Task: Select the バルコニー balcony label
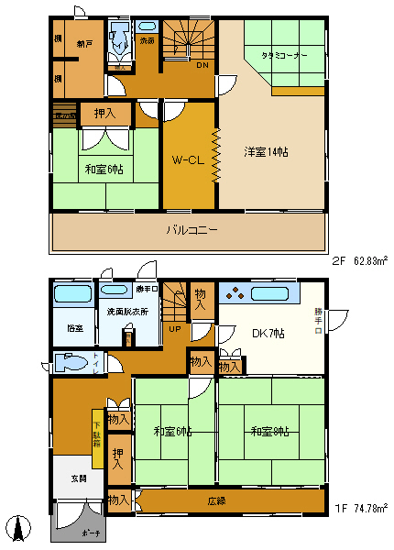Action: [191, 230]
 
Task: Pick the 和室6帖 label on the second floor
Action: [106, 170]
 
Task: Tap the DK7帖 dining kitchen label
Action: [268, 333]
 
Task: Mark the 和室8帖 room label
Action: [272, 431]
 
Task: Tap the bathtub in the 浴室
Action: [71, 294]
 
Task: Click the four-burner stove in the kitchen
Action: [235, 294]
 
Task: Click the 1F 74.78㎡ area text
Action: [360, 508]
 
